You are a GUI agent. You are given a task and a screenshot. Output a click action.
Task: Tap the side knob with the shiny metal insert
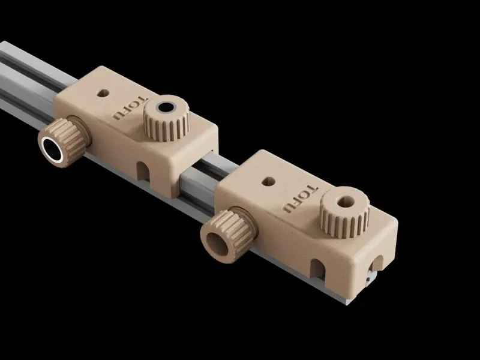[x=64, y=142]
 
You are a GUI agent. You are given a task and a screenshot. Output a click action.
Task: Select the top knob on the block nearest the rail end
[x=345, y=212]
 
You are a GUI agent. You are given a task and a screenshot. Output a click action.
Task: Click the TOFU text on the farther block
[x=130, y=108]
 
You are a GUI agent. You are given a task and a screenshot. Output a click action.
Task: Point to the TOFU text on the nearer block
[x=301, y=199]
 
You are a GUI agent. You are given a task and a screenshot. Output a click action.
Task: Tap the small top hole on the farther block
[x=103, y=93]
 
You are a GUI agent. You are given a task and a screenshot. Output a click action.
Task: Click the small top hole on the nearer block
[x=268, y=182]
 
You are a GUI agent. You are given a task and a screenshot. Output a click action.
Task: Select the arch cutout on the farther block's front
[x=143, y=171]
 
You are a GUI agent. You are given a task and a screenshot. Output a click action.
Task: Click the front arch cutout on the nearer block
[x=317, y=269]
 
